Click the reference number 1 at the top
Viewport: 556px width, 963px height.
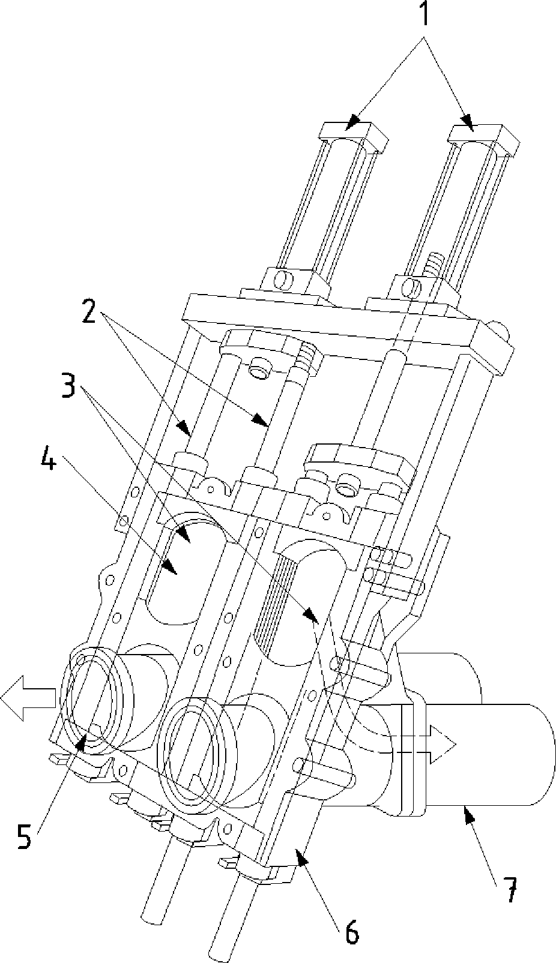(x=423, y=14)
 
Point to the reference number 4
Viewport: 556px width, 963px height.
(x=48, y=455)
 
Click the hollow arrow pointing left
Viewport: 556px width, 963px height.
(x=28, y=697)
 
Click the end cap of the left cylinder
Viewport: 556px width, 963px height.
(x=353, y=137)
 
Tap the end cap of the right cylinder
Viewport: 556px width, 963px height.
(x=484, y=140)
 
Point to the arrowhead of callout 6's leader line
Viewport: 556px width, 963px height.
(x=301, y=856)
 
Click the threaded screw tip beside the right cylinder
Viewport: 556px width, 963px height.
(x=434, y=263)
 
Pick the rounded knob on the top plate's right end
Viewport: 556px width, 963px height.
(x=499, y=330)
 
